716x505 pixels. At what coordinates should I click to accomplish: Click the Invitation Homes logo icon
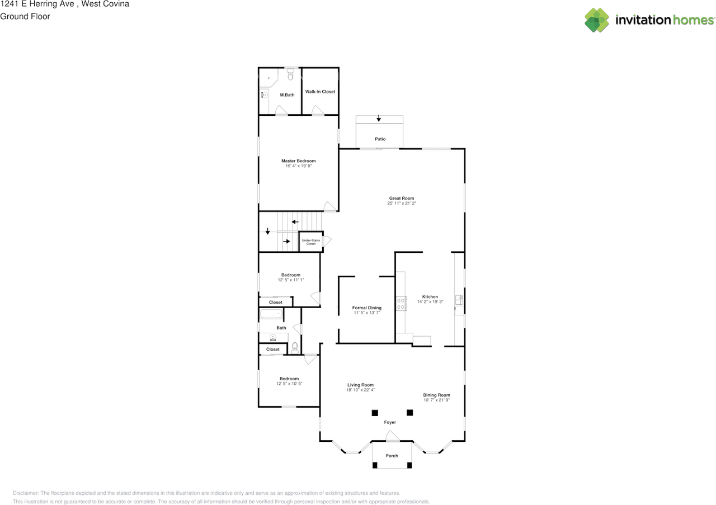[x=597, y=20]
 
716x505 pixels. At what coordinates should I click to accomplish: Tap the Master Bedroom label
[x=298, y=161]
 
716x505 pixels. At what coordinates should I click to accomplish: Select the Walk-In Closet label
[x=320, y=92]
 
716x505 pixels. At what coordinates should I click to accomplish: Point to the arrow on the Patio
[x=379, y=118]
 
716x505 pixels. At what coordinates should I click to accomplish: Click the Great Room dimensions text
[x=402, y=204]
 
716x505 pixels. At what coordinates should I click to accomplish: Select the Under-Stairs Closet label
[x=310, y=242]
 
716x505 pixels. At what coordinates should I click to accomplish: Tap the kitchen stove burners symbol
[x=401, y=303]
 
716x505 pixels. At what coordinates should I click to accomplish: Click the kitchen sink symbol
[x=459, y=300]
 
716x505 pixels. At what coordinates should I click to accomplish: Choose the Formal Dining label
[x=366, y=308]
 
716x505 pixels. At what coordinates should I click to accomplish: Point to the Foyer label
[x=389, y=422]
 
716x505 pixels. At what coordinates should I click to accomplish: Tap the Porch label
[x=392, y=456]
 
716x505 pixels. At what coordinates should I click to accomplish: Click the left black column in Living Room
[x=374, y=413]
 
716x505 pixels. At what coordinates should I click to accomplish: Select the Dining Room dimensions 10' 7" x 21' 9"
[x=436, y=400]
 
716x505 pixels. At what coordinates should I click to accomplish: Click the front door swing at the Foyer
[x=393, y=436]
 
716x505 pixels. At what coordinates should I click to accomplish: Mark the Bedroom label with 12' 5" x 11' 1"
[x=290, y=275]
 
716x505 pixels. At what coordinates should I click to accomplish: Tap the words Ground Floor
[x=25, y=16]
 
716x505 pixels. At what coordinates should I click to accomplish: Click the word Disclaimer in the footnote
[x=25, y=493]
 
